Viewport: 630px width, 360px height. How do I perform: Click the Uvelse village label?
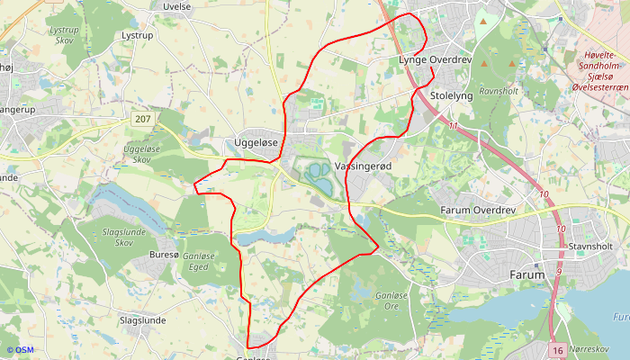[x=177, y=6]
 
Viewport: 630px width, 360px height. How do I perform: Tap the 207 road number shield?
[x=142, y=119]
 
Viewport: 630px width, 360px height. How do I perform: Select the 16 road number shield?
[x=558, y=349]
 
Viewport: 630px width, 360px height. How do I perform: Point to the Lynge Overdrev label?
[x=436, y=60]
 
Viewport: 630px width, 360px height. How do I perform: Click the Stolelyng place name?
[x=452, y=95]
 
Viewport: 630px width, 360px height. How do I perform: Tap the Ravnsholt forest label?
[x=500, y=91]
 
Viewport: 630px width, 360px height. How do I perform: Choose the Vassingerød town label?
[x=364, y=167]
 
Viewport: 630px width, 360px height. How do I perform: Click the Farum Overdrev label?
[x=477, y=211]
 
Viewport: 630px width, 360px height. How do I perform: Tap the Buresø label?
[x=164, y=255]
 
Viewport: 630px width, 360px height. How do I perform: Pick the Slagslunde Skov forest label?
[x=118, y=238]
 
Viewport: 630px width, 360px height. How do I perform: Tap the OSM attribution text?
[x=20, y=349]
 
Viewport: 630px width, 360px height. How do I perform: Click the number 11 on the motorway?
[x=454, y=125]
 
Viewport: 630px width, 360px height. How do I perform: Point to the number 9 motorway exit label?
[x=558, y=271]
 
